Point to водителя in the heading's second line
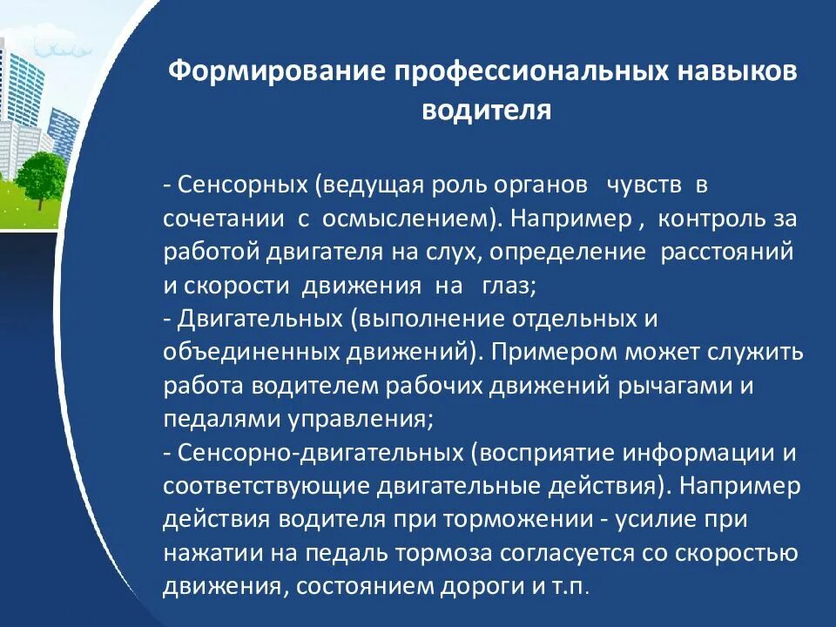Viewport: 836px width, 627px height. [x=487, y=111]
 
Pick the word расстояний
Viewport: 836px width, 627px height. [x=727, y=253]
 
